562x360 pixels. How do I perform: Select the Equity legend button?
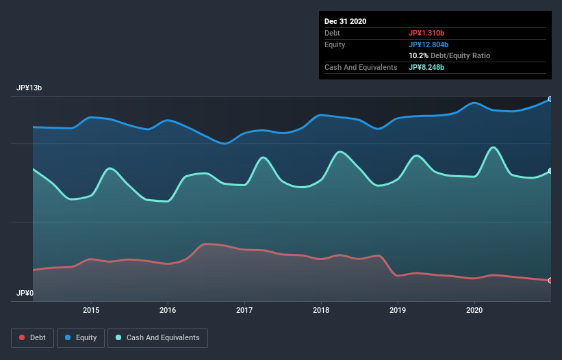(81, 337)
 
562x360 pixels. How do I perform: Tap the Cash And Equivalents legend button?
(157, 337)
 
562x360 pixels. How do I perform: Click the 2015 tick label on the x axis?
(91, 310)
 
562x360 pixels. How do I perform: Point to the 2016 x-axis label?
(168, 310)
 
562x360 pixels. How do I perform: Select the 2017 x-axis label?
(244, 310)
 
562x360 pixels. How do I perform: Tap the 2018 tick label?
(321, 310)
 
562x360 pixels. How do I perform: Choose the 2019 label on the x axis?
(398, 310)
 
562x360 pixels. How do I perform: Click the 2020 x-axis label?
(474, 310)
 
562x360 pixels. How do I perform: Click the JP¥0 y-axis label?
(25, 293)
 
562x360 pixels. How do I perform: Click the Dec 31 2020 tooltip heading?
(346, 21)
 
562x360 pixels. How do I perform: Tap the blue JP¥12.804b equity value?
(429, 44)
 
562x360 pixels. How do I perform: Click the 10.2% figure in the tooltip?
(418, 55)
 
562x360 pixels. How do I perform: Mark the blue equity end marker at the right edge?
(550, 99)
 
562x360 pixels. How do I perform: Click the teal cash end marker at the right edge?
(550, 171)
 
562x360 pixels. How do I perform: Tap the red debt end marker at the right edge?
(550, 281)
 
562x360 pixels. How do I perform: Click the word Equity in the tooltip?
(335, 44)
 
